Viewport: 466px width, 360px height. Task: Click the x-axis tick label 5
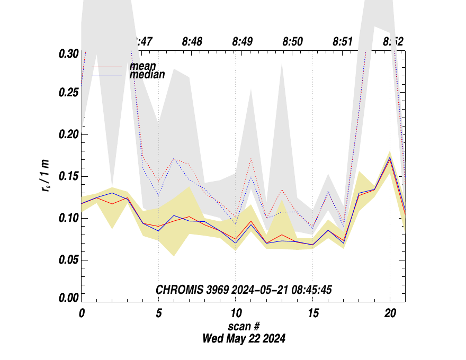(158, 313)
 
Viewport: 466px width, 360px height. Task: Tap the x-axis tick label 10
(235, 313)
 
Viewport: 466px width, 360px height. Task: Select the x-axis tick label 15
(312, 313)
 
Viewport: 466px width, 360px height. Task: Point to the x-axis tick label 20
(390, 313)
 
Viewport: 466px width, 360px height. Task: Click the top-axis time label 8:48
(192, 41)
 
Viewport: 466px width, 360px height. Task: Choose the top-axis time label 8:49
(243, 41)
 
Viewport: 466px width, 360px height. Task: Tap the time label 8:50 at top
(293, 41)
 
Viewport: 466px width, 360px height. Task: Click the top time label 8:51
(343, 41)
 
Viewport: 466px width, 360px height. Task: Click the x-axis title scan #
(244, 326)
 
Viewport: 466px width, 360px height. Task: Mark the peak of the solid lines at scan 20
(390, 158)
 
